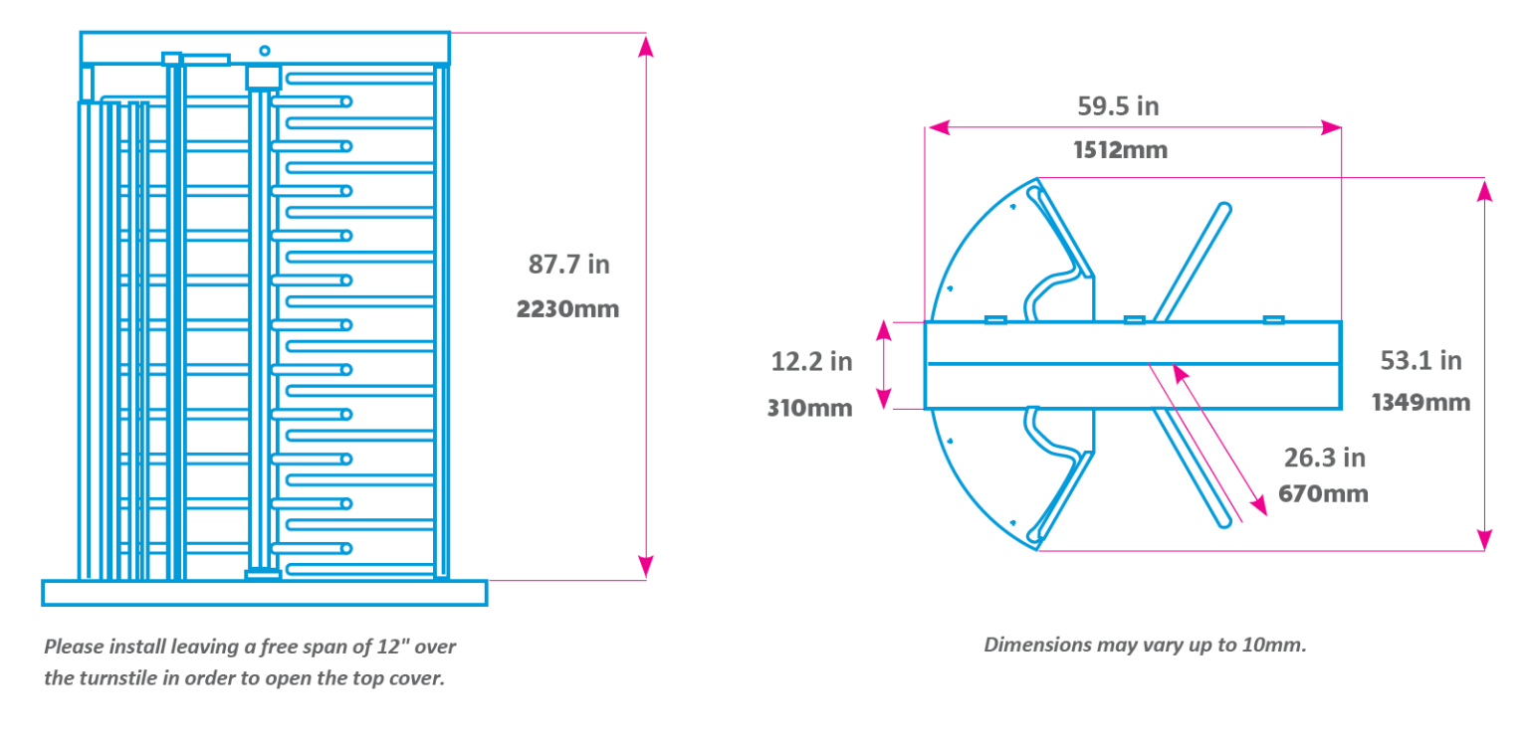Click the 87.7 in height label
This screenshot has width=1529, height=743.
pos(568,265)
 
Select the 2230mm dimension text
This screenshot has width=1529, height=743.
pos(568,309)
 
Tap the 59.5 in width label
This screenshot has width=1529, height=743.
pos(1118,106)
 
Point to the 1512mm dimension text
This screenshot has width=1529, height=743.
pos(1121,150)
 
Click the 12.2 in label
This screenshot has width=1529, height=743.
pos(811,362)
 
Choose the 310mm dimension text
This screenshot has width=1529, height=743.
pos(810,408)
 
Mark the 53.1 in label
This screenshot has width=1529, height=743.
pos(1421,360)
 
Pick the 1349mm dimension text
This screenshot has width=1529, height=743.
pos(1421,403)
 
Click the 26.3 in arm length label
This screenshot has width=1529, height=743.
pos(1325,458)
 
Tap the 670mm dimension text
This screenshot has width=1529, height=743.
pos(1324,494)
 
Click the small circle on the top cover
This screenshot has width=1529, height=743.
pos(265,51)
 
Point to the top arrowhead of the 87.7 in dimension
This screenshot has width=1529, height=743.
pos(646,47)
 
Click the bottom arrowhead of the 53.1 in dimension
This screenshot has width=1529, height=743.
pos(1484,539)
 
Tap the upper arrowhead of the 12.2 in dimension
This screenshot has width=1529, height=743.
pos(884,331)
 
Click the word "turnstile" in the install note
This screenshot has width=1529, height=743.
pos(118,678)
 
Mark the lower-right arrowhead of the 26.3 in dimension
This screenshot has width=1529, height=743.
pos(1258,505)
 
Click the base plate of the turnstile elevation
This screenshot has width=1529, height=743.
pos(265,593)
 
